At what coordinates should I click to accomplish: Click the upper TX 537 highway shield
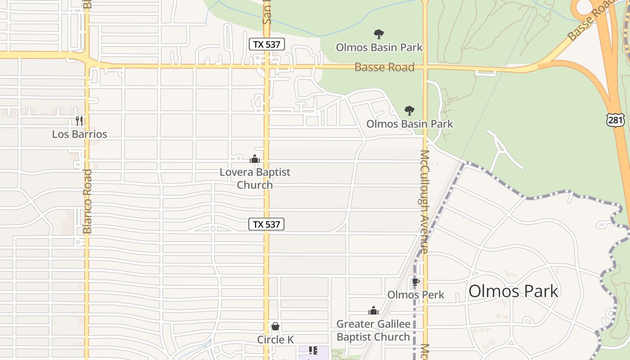coord(266,44)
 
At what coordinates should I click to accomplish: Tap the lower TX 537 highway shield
coord(266,224)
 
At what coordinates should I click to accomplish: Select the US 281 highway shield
coord(615,119)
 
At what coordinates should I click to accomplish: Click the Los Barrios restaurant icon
coord(79,121)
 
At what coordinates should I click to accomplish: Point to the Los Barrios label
coord(80,134)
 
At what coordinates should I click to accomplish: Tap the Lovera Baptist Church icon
coord(255,159)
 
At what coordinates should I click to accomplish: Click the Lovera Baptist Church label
coord(255,178)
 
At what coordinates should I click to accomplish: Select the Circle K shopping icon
coord(275,326)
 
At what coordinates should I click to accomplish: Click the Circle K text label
coord(275,340)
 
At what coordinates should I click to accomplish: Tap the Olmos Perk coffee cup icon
coord(415,282)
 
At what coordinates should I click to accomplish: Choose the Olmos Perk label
coord(416,295)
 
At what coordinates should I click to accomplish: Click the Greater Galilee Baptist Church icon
coord(373,310)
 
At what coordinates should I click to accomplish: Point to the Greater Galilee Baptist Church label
coord(373,330)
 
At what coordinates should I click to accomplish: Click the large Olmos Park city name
coord(513,291)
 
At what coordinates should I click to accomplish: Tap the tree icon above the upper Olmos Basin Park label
coord(379,34)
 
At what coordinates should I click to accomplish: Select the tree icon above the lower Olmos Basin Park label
coord(409,110)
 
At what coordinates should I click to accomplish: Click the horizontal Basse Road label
coord(384,67)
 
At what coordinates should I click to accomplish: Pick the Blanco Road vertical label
coord(87,201)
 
